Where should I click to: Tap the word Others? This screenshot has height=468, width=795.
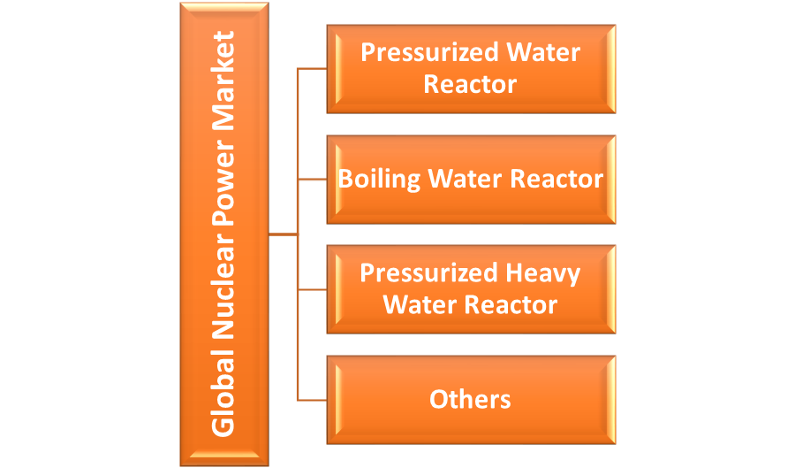(x=470, y=399)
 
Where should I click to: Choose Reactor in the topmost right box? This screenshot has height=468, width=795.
(x=470, y=84)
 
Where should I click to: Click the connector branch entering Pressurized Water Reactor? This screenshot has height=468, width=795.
(x=313, y=68)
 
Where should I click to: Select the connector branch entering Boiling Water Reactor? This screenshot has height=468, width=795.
(x=313, y=179)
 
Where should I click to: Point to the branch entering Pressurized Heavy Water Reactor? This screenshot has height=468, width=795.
(x=313, y=289)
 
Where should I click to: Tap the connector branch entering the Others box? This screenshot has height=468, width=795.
(x=313, y=400)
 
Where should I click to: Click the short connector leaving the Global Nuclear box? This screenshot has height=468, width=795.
(x=283, y=234)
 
